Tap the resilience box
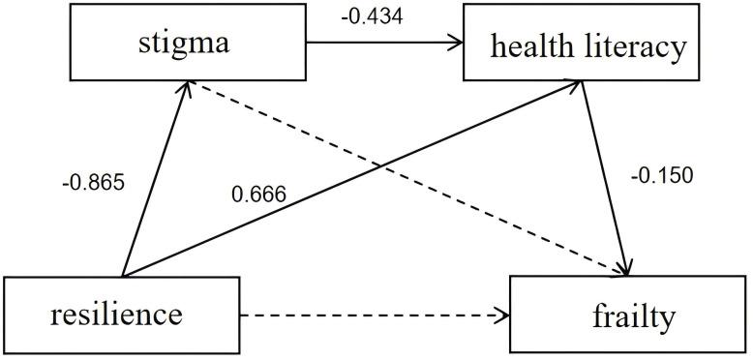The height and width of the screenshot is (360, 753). (x=121, y=314)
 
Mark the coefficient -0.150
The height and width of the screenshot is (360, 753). (x=662, y=176)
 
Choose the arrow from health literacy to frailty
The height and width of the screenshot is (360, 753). (x=608, y=174)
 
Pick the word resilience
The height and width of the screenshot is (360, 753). (x=121, y=314)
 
